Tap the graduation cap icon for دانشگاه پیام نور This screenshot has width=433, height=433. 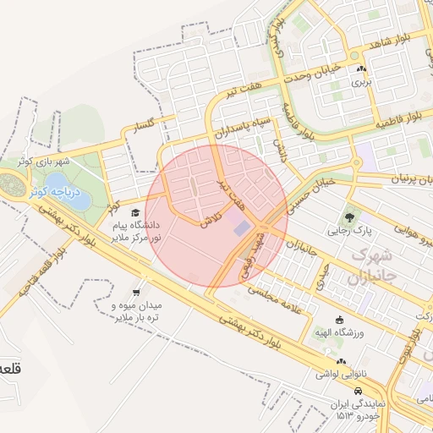click(x=135, y=213)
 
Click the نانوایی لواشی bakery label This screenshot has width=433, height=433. click(x=341, y=372)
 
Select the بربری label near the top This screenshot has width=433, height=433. click(x=361, y=83)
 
